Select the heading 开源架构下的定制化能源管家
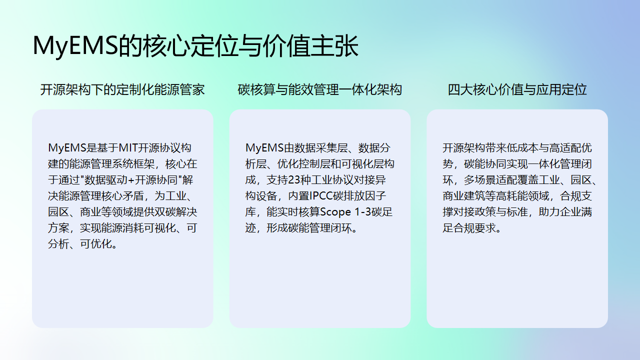[122, 90]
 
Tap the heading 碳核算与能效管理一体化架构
[320, 90]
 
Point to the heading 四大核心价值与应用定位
[517, 90]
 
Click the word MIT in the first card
[132, 147]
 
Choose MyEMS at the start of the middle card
[263, 147]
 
